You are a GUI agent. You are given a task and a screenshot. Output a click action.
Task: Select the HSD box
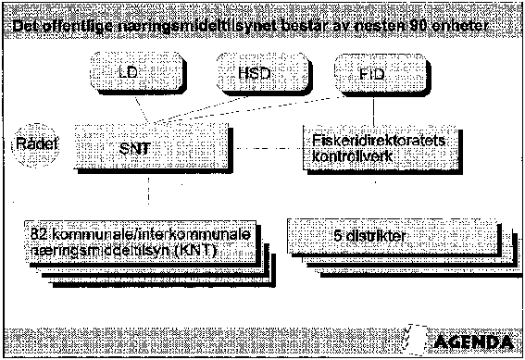[x=247, y=71]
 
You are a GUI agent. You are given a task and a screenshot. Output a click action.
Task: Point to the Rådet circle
[x=34, y=145]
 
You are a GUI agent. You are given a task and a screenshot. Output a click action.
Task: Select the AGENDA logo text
[x=468, y=338]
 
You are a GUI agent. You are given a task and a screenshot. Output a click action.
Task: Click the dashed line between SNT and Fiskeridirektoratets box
[x=264, y=148]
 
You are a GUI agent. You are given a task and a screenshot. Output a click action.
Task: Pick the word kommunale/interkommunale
[x=144, y=236]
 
